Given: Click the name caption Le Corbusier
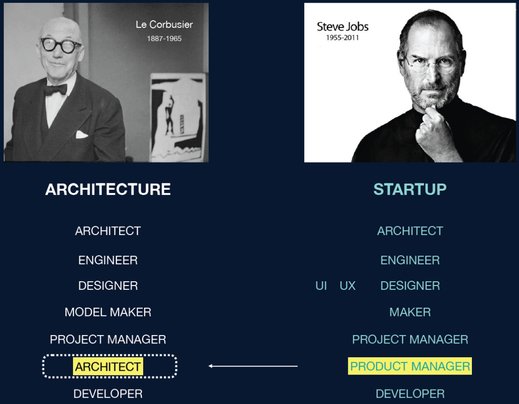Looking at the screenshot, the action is [x=164, y=25].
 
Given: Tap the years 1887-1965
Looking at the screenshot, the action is [x=164, y=39].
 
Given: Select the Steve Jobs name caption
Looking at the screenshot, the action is [x=343, y=26].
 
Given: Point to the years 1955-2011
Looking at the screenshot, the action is [x=342, y=38].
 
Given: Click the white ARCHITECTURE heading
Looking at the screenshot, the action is [x=108, y=189].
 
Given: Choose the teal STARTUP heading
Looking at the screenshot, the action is [x=410, y=189].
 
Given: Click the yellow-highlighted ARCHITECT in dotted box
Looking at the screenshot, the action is [x=108, y=366].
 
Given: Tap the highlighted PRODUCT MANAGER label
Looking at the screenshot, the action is [x=410, y=366].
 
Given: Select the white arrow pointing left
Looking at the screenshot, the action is [x=253, y=366].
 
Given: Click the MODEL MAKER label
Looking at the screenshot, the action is [x=108, y=312].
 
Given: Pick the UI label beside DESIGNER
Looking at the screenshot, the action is [x=321, y=286].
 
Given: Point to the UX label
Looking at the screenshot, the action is [x=347, y=286].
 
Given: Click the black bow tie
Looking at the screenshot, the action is [x=56, y=90].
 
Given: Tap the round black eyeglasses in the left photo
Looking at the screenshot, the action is [x=61, y=45].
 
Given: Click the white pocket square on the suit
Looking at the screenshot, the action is [x=81, y=134].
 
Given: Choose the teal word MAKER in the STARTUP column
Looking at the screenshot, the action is [x=410, y=312].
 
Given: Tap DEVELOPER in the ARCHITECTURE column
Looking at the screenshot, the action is [x=108, y=394].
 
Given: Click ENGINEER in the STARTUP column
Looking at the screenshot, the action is [x=410, y=260].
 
